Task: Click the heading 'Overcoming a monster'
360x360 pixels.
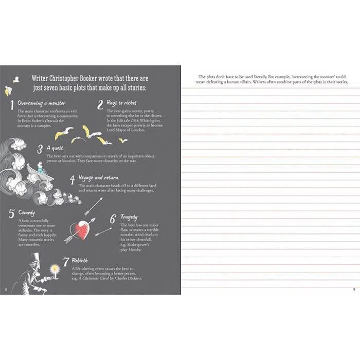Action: click(x=42, y=103)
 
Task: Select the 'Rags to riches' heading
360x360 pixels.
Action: click(x=122, y=103)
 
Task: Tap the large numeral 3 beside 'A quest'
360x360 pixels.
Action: click(x=40, y=149)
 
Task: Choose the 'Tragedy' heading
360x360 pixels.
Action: click(x=129, y=218)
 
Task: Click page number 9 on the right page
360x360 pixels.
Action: click(x=354, y=289)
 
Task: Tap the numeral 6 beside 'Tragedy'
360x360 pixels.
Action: click(x=112, y=219)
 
